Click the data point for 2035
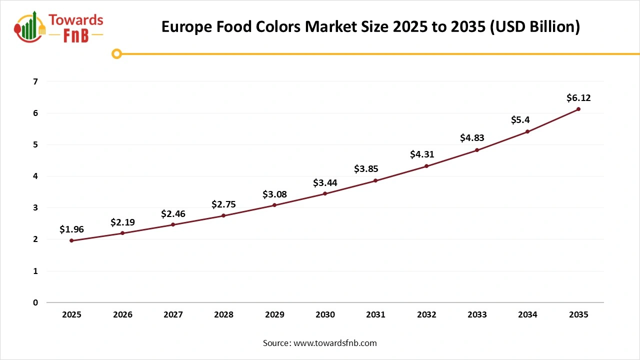[578, 109]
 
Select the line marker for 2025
[71, 240]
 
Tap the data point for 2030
[325, 193]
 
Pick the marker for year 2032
[426, 166]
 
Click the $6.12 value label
[578, 98]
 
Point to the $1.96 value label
[71, 229]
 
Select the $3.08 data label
[274, 194]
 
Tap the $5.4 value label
[520, 120]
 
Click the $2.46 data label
[173, 214]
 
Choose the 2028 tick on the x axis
[223, 315]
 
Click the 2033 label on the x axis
[477, 315]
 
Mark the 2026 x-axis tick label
[122, 315]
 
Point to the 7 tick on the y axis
[35, 81]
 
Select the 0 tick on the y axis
[35, 302]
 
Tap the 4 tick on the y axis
[35, 176]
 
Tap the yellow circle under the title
[117, 53]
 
